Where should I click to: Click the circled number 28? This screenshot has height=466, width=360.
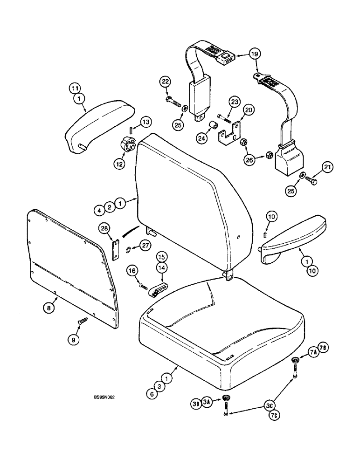[x=104, y=228]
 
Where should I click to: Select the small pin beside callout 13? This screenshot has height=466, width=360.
[x=132, y=130]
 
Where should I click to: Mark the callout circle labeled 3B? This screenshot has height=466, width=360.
[x=196, y=404]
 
